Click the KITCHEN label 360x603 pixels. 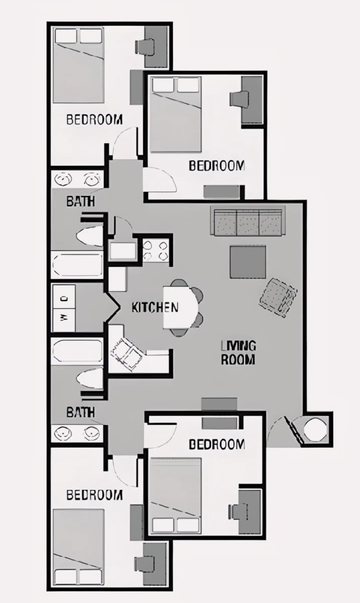[x=155, y=308]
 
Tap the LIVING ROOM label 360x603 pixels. [x=238, y=353]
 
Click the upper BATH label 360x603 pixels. [x=80, y=202]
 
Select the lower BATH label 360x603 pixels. [x=80, y=412]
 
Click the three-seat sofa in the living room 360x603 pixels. [x=248, y=221]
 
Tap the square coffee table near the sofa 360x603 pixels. [x=248, y=262]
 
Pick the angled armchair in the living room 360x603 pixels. [x=278, y=297]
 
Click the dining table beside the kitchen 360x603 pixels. [x=181, y=308]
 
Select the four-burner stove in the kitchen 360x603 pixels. [x=156, y=251]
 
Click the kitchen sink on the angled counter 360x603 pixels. [x=127, y=353]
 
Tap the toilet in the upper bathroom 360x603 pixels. [x=89, y=237]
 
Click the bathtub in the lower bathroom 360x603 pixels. [x=77, y=351]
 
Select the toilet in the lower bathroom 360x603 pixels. [x=89, y=379]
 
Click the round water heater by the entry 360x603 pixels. [x=315, y=429]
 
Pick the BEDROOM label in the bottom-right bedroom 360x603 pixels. [x=217, y=444]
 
